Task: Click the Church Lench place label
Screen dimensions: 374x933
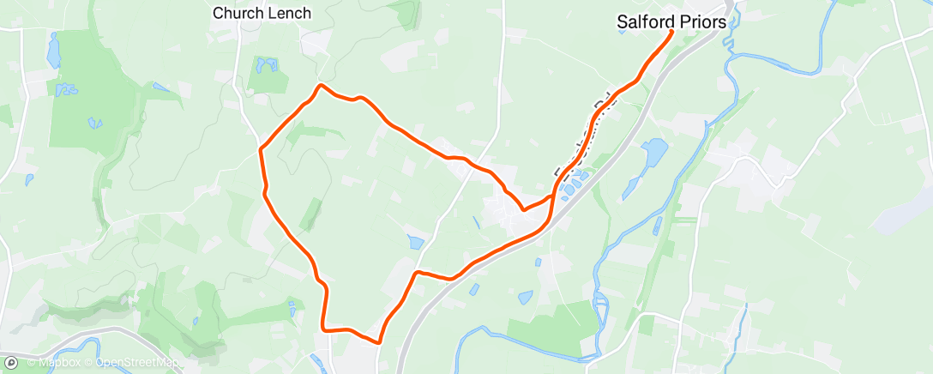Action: coord(262,13)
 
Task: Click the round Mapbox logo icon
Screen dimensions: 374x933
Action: coord(11,363)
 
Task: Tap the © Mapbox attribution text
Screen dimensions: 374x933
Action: coord(55,364)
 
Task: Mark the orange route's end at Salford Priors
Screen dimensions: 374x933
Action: coord(671,32)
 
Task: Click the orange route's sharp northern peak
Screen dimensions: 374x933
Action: coord(321,85)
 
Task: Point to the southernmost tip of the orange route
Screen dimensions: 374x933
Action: coord(377,342)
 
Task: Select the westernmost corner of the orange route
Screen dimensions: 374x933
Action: coord(261,150)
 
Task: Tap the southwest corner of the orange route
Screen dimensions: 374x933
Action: coord(323,327)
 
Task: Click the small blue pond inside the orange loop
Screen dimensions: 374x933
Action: coord(416,243)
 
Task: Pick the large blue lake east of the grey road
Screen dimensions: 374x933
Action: coord(653,153)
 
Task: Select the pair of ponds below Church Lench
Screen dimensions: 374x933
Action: coord(265,64)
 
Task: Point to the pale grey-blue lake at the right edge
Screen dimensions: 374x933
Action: coord(900,214)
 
